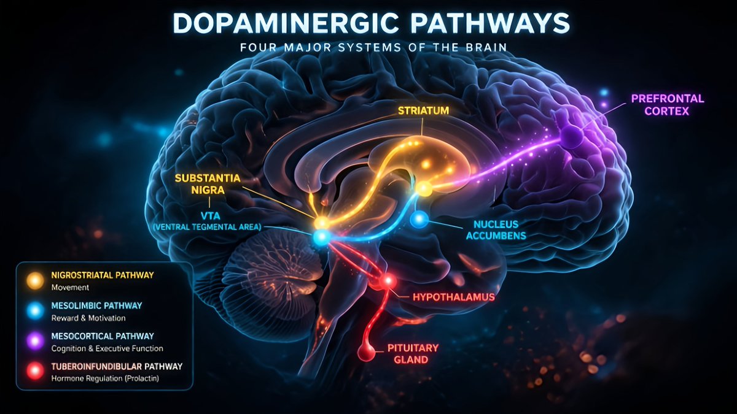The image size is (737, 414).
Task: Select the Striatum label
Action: pos(423,111)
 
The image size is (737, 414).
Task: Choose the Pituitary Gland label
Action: pos(413,353)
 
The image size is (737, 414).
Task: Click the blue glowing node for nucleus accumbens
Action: pos(419,219)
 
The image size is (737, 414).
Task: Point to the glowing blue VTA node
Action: pos(320,237)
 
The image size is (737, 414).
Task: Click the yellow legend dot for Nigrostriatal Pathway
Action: pos(35,280)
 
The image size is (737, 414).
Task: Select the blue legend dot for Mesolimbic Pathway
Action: pos(35,310)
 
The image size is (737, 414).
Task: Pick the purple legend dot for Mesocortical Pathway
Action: pos(35,341)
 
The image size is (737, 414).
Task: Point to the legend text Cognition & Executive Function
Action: pos(107,348)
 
